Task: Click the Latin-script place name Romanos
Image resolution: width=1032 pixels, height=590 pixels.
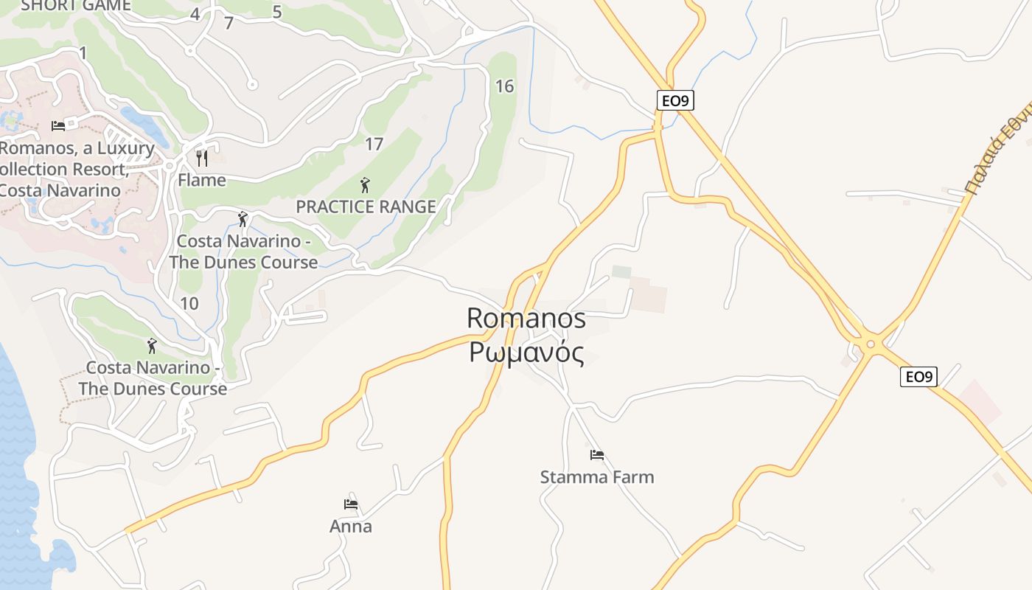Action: click(526, 318)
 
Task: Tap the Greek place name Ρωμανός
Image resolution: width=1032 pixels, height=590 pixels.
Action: click(526, 353)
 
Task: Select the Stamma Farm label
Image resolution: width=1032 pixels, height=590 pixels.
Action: click(597, 477)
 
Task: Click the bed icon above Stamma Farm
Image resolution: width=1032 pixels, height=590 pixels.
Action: click(597, 454)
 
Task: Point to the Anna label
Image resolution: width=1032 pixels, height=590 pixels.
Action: click(351, 527)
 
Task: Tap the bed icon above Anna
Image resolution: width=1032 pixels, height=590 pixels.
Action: click(351, 504)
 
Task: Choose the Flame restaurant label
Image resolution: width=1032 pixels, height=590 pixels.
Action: click(202, 180)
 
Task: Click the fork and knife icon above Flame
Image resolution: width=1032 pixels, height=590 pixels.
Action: click(202, 158)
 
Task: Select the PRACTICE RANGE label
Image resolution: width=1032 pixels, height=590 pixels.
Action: click(366, 207)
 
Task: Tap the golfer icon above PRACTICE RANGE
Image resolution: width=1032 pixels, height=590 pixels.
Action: click(365, 185)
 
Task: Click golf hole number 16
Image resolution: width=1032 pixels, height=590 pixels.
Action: click(504, 86)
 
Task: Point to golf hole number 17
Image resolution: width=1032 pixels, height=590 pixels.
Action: click(374, 144)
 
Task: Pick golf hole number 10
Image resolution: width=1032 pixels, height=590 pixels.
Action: click(189, 303)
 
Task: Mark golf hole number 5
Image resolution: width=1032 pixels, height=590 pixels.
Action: click(277, 12)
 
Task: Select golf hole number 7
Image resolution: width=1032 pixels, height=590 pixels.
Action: click(229, 23)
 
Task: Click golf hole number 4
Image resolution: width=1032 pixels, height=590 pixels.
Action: click(195, 14)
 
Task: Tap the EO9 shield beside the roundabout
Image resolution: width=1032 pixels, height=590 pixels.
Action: click(918, 377)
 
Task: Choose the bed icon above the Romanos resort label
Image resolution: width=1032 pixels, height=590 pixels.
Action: click(58, 125)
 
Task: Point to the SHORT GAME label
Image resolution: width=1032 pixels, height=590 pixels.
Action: click(76, 5)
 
